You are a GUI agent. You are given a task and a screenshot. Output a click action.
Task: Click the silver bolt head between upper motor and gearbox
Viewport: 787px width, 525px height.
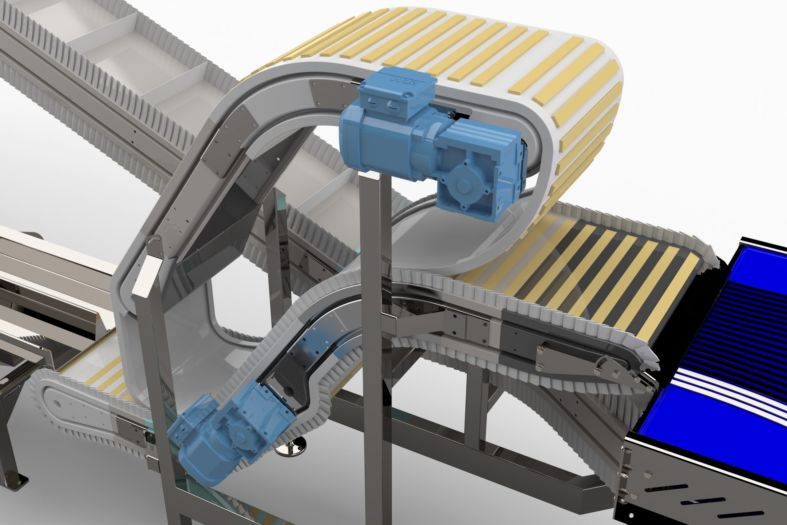[x=451, y=116]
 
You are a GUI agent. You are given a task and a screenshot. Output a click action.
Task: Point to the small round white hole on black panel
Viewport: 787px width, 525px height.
[x=631, y=515]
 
